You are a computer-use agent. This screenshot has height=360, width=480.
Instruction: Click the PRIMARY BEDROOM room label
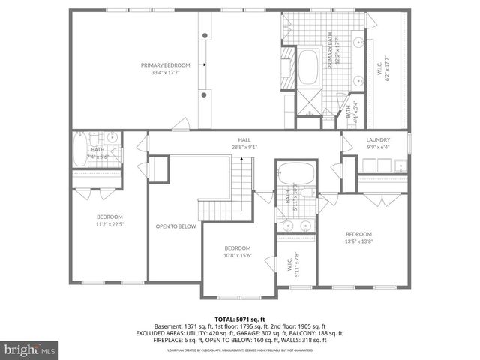(x=166, y=65)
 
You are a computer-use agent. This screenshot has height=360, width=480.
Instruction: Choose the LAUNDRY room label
(x=378, y=140)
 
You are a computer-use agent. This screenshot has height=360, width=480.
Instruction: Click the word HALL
(x=244, y=140)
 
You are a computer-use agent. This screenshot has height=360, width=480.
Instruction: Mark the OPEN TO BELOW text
(x=175, y=226)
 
